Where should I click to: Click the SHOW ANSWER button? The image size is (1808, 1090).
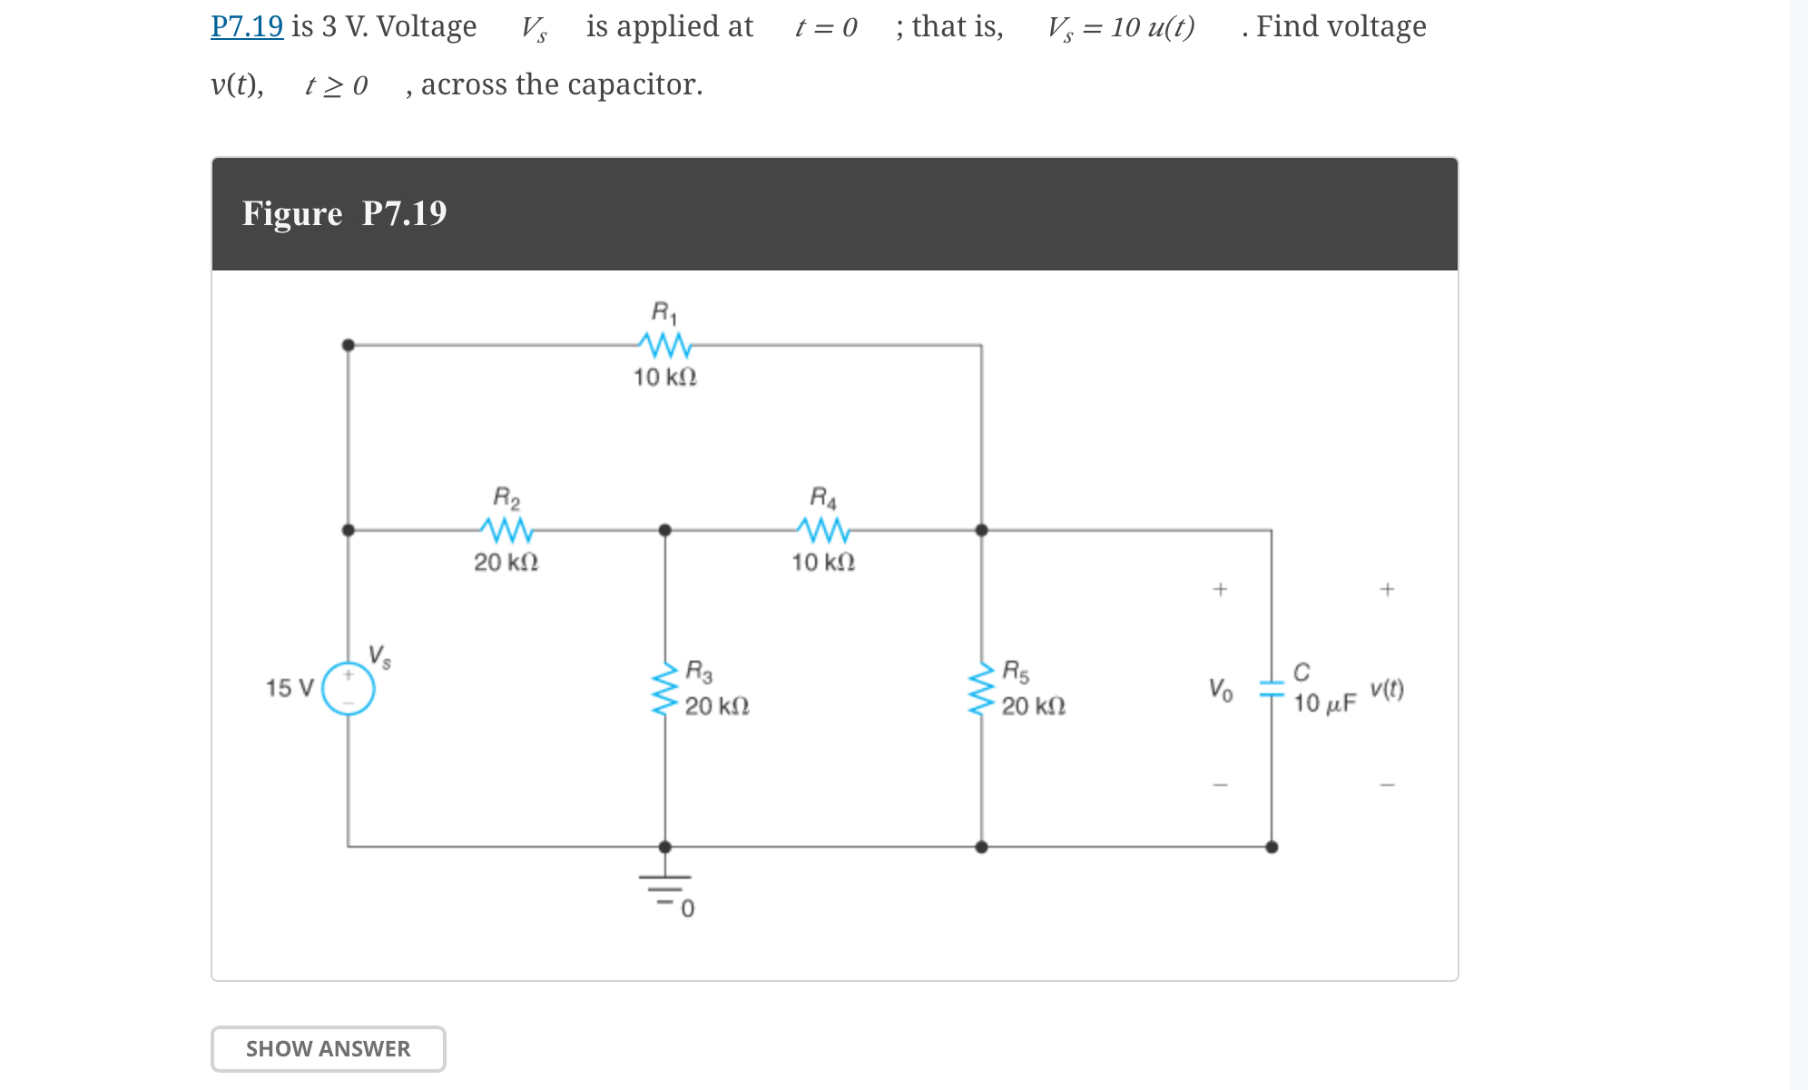tap(328, 1048)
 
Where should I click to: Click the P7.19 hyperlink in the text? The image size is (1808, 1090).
tap(247, 26)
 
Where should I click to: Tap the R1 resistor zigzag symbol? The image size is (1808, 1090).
tap(664, 345)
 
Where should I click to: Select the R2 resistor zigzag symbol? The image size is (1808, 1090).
tap(506, 529)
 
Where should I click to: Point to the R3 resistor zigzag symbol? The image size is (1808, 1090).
tap(665, 688)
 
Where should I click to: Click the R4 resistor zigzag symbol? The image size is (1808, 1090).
tap(822, 529)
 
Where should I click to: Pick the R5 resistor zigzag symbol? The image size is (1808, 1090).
tap(981, 688)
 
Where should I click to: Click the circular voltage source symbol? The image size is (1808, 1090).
tap(349, 688)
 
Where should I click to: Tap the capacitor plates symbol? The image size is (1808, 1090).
tap(1272, 689)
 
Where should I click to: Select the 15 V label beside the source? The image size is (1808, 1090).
tap(289, 688)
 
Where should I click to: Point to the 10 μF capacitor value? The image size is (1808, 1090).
tap(1324, 703)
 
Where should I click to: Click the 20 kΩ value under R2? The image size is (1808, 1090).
tap(506, 563)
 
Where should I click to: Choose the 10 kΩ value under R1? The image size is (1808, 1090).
tap(664, 378)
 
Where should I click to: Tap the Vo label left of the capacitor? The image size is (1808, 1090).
tap(1220, 690)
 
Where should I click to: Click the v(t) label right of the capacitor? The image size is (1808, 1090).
tap(1386, 689)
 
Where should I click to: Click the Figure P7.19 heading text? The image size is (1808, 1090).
tap(344, 213)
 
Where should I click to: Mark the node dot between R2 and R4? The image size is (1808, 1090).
tap(665, 530)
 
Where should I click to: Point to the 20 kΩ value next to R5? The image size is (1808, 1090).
tap(1033, 706)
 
